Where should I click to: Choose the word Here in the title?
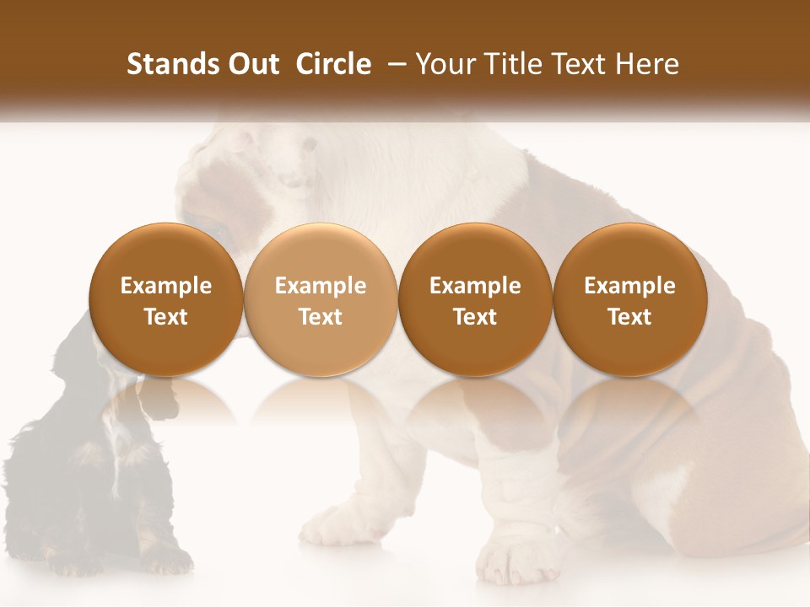[646, 64]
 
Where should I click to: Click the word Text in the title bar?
[582, 64]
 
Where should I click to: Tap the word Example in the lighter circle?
[321, 286]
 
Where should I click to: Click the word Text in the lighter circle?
[321, 317]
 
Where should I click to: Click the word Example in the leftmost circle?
[166, 286]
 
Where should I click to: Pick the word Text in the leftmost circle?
[166, 317]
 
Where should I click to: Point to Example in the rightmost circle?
[629, 286]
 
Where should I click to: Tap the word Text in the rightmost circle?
[629, 317]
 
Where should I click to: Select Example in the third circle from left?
[475, 286]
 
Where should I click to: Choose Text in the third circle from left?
[475, 317]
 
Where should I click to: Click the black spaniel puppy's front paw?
[165, 556]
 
